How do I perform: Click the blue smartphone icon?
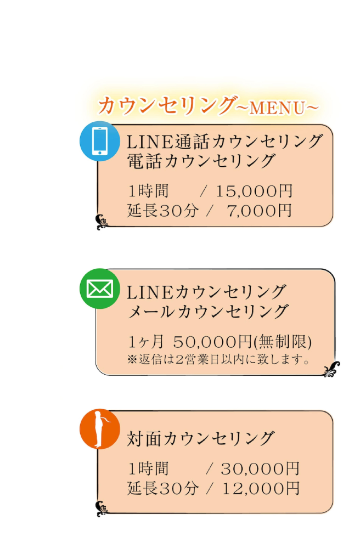100,141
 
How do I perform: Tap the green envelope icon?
100,289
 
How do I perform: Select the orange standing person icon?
100,429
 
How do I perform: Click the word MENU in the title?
278,108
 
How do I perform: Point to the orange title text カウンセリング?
167,105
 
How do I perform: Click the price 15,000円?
254,191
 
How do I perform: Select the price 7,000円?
260,211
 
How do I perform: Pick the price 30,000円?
260,468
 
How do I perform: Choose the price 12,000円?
261,488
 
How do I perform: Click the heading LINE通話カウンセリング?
224,142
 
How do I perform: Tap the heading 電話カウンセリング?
201,161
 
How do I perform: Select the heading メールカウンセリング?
208,312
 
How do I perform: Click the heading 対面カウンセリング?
201,439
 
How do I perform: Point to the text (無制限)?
283,342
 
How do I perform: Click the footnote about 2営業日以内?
218,359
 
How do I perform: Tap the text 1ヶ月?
146,342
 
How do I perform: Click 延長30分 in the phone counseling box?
163,211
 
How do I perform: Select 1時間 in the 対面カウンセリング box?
149,468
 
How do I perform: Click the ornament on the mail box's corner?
331,369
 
